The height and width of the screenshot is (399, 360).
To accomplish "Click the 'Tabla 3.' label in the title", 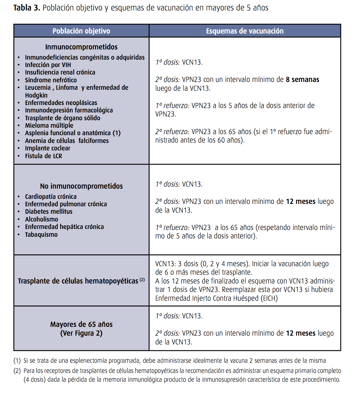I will point(27,8).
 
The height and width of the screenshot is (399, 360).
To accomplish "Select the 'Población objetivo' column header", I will point(81,31).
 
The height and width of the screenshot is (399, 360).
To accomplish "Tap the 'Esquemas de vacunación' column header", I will point(244,31).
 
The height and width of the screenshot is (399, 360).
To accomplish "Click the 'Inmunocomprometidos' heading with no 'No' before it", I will point(81,47).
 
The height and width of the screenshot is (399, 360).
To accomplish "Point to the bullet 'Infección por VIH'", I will point(48,65).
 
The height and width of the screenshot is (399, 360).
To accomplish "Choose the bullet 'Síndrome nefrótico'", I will point(51,80).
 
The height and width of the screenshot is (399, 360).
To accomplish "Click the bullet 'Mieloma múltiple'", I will point(49,126).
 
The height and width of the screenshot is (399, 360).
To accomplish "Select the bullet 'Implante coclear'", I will point(47,148).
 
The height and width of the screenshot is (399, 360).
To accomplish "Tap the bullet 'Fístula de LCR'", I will point(43,156).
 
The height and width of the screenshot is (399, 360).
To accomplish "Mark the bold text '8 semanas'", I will point(302,80).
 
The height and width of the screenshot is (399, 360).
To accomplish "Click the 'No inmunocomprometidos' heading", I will point(81,186).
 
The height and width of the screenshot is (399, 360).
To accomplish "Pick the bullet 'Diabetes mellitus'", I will point(49,212).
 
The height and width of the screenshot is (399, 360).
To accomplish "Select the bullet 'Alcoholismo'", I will point(41,219).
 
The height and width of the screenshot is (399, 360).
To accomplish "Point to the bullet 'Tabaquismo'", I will point(41,235).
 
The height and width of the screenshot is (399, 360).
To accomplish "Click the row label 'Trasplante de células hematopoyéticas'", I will point(78,281).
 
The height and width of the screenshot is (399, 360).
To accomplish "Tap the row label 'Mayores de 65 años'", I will point(81,324).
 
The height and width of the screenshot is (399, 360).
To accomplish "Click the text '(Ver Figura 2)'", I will point(81,333).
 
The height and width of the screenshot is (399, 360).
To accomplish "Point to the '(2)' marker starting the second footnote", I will point(17,371).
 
